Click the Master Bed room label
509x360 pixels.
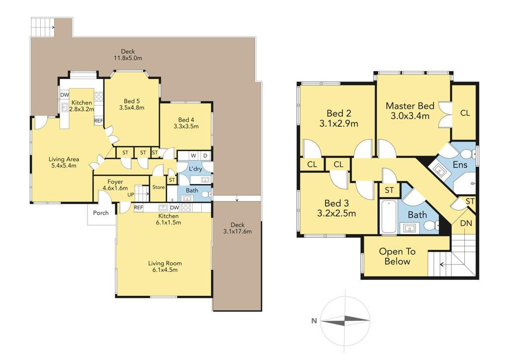point(410,106)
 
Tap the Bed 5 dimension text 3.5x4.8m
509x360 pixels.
point(132,108)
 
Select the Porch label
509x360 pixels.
point(100,213)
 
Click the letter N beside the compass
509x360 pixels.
point(314,321)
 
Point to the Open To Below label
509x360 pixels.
point(397,257)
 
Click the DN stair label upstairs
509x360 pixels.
point(466,223)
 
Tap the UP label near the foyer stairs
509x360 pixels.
point(131,195)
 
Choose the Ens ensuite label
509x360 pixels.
point(460,165)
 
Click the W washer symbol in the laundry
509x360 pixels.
point(193,156)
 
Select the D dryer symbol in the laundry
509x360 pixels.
point(205,156)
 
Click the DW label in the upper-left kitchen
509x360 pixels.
point(64,95)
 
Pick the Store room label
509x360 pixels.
point(159,187)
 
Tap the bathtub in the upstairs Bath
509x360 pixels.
point(388,216)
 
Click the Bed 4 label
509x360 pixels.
point(186,120)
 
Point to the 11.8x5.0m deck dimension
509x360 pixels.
point(128,58)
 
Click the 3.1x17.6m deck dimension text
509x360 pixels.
point(237,231)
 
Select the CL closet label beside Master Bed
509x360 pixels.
point(465,113)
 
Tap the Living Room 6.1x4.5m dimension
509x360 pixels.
point(165,270)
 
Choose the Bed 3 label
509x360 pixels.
point(337,203)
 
